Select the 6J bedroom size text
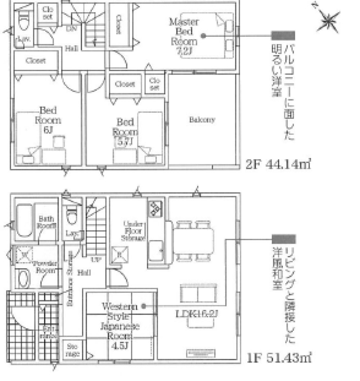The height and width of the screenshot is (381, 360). (47, 130)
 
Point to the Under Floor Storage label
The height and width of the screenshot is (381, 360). (134, 230)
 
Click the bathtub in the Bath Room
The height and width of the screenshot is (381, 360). (24, 220)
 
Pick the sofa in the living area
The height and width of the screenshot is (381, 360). (198, 293)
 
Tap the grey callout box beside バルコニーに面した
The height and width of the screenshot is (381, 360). (283, 35)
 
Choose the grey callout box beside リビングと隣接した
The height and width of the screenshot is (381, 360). (284, 238)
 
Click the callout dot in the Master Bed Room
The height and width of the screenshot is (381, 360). (203, 36)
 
